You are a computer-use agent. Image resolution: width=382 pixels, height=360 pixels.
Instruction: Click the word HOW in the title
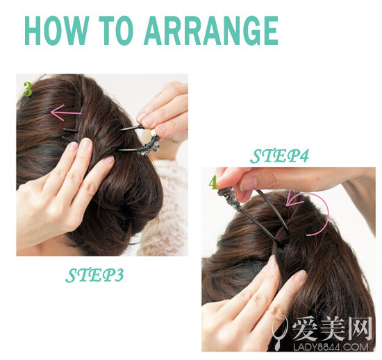56,31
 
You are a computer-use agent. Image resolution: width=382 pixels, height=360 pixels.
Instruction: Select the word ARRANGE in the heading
211,31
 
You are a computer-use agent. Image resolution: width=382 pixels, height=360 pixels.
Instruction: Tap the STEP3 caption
94,275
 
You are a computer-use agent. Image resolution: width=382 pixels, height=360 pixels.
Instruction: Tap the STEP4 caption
279,156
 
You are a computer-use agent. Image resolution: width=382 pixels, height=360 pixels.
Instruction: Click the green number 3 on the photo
28,89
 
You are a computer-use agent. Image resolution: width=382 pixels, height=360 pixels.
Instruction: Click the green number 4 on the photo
213,182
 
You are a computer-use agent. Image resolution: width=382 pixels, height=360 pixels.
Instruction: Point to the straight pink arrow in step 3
66,112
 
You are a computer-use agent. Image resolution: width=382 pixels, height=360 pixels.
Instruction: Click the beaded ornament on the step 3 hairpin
149,145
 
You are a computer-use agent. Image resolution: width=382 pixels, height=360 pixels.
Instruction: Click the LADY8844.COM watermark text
331,347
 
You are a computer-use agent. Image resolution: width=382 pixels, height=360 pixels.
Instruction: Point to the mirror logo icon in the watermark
280,331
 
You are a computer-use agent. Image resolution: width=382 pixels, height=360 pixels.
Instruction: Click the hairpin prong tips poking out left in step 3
70,135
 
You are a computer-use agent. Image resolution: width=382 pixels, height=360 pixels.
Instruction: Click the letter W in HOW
75,31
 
